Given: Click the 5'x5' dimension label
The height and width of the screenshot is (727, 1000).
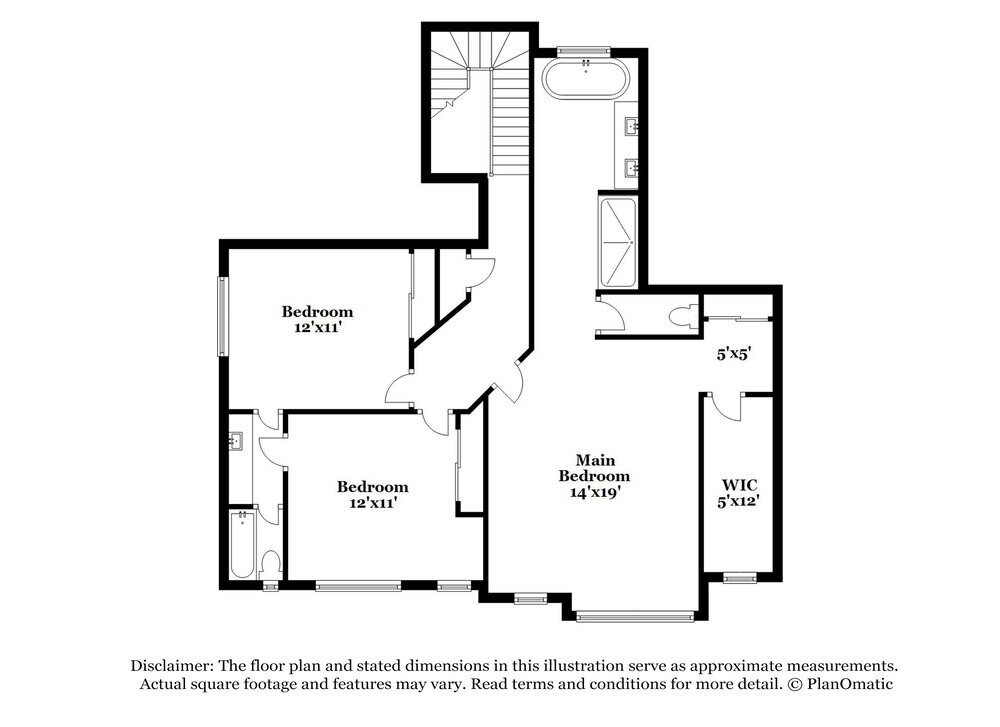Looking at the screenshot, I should (x=733, y=353).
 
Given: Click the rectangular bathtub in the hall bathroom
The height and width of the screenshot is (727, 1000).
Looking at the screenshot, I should (x=243, y=545).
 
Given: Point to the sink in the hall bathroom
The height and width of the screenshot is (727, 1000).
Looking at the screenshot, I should (x=236, y=441).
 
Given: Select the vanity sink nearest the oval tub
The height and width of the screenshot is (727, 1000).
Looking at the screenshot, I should (x=632, y=126).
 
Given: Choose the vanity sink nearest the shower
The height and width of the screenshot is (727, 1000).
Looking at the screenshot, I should (x=632, y=167).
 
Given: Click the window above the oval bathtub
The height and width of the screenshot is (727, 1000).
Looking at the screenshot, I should (x=584, y=51).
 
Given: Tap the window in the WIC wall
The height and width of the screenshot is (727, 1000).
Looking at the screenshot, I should (x=740, y=577).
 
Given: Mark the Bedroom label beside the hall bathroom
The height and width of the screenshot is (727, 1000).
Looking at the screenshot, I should (x=372, y=487).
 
